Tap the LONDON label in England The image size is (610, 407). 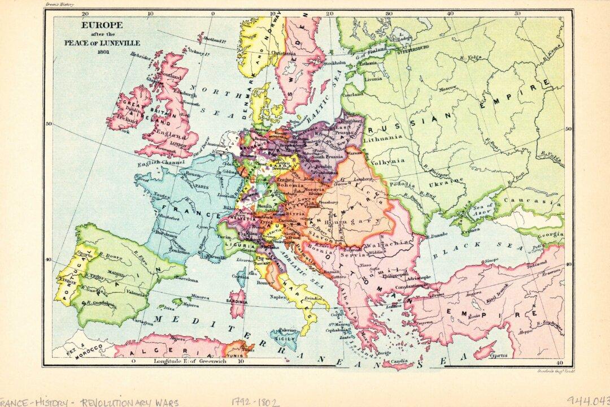[177, 144]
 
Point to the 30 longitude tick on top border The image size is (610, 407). [389, 12]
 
